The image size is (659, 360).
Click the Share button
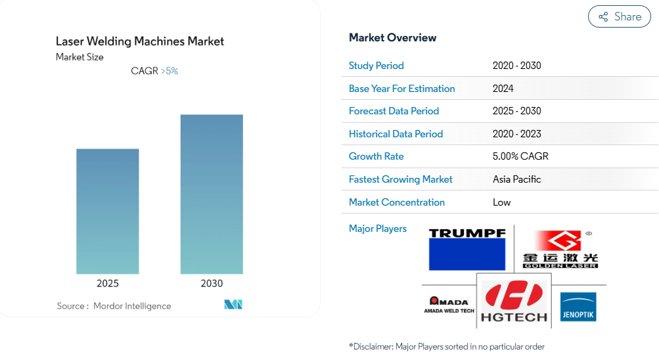(x=619, y=16)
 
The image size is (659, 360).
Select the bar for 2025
(x=108, y=212)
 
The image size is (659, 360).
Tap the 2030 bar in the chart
(x=212, y=194)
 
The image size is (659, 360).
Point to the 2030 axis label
(x=212, y=284)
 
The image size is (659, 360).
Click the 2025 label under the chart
(x=108, y=284)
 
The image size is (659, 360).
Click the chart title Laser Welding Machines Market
(x=140, y=41)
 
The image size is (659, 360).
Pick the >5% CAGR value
(x=170, y=71)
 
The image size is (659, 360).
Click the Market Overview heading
(x=392, y=38)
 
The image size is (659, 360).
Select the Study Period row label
(x=376, y=66)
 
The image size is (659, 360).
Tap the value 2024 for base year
(x=503, y=89)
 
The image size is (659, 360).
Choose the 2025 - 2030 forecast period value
(x=517, y=111)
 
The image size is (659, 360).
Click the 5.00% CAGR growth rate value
(x=520, y=156)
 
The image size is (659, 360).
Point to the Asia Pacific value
(x=516, y=179)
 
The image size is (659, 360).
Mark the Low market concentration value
(x=501, y=202)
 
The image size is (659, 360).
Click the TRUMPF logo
(x=467, y=249)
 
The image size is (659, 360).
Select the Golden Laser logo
(x=560, y=249)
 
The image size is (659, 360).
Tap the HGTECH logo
(x=514, y=301)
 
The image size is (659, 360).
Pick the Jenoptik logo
(x=578, y=307)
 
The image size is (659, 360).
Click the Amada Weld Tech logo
(x=449, y=305)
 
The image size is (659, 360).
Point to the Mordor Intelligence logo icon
(x=233, y=305)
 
